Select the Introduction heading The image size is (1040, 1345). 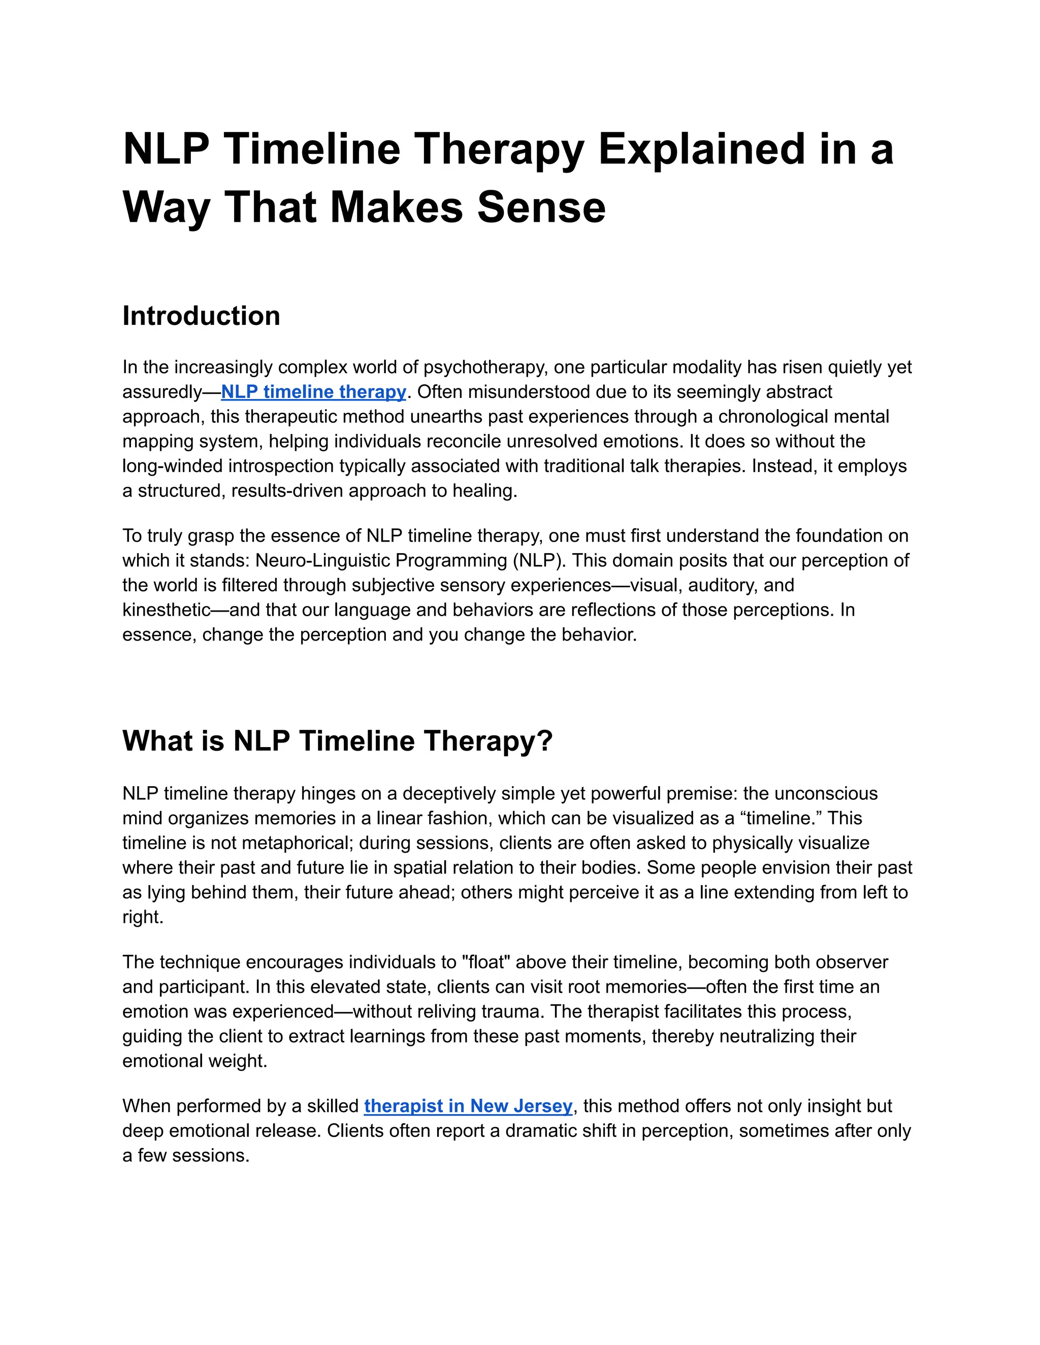click(x=201, y=316)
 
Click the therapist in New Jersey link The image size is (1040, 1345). click(x=468, y=1106)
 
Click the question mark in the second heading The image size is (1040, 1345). click(x=545, y=741)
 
